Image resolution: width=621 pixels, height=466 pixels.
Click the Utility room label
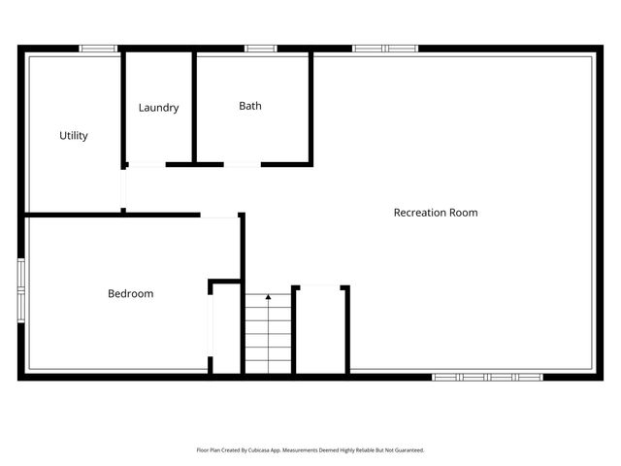(74, 136)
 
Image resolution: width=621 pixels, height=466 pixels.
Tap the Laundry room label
(158, 108)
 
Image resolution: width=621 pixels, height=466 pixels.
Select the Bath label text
(250, 106)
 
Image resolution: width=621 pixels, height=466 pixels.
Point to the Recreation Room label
(436, 213)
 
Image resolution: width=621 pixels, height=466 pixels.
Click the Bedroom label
(130, 293)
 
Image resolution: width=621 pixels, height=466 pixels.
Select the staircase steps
(268, 335)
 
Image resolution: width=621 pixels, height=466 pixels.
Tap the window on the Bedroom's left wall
(21, 287)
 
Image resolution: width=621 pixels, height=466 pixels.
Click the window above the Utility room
(98, 48)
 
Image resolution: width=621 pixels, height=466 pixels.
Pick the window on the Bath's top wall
(260, 48)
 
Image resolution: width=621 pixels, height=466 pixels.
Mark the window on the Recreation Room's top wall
(384, 48)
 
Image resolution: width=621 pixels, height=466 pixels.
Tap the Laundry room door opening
(146, 165)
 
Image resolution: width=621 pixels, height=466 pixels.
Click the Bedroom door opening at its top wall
(220, 216)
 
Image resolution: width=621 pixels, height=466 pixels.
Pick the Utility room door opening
(123, 189)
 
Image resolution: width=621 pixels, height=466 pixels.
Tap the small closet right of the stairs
(321, 330)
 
